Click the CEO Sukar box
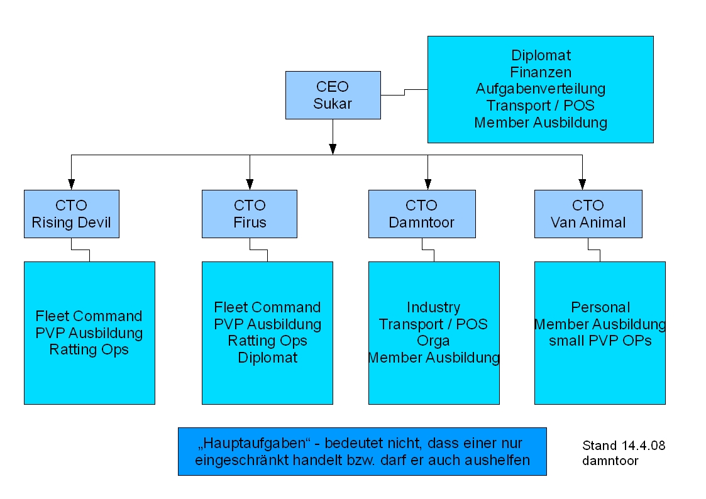pos(333,95)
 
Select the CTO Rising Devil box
pos(71,214)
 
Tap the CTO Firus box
pos(250,214)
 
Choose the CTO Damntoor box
pos(422,214)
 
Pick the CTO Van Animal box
pos(588,214)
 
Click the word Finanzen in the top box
pos(540,72)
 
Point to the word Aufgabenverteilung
pos(540,89)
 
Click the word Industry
pos(433,307)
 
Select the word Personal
pos(600,307)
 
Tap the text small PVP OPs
pos(600,341)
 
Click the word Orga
pos(433,341)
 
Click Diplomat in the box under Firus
pos(267,358)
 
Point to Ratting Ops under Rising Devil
pos(89,349)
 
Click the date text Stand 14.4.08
pos(624,446)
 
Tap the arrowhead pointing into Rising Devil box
pos(71,184)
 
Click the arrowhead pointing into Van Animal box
pos(582,184)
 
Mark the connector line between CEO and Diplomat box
pos(404,92)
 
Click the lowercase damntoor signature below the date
pos(610,461)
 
